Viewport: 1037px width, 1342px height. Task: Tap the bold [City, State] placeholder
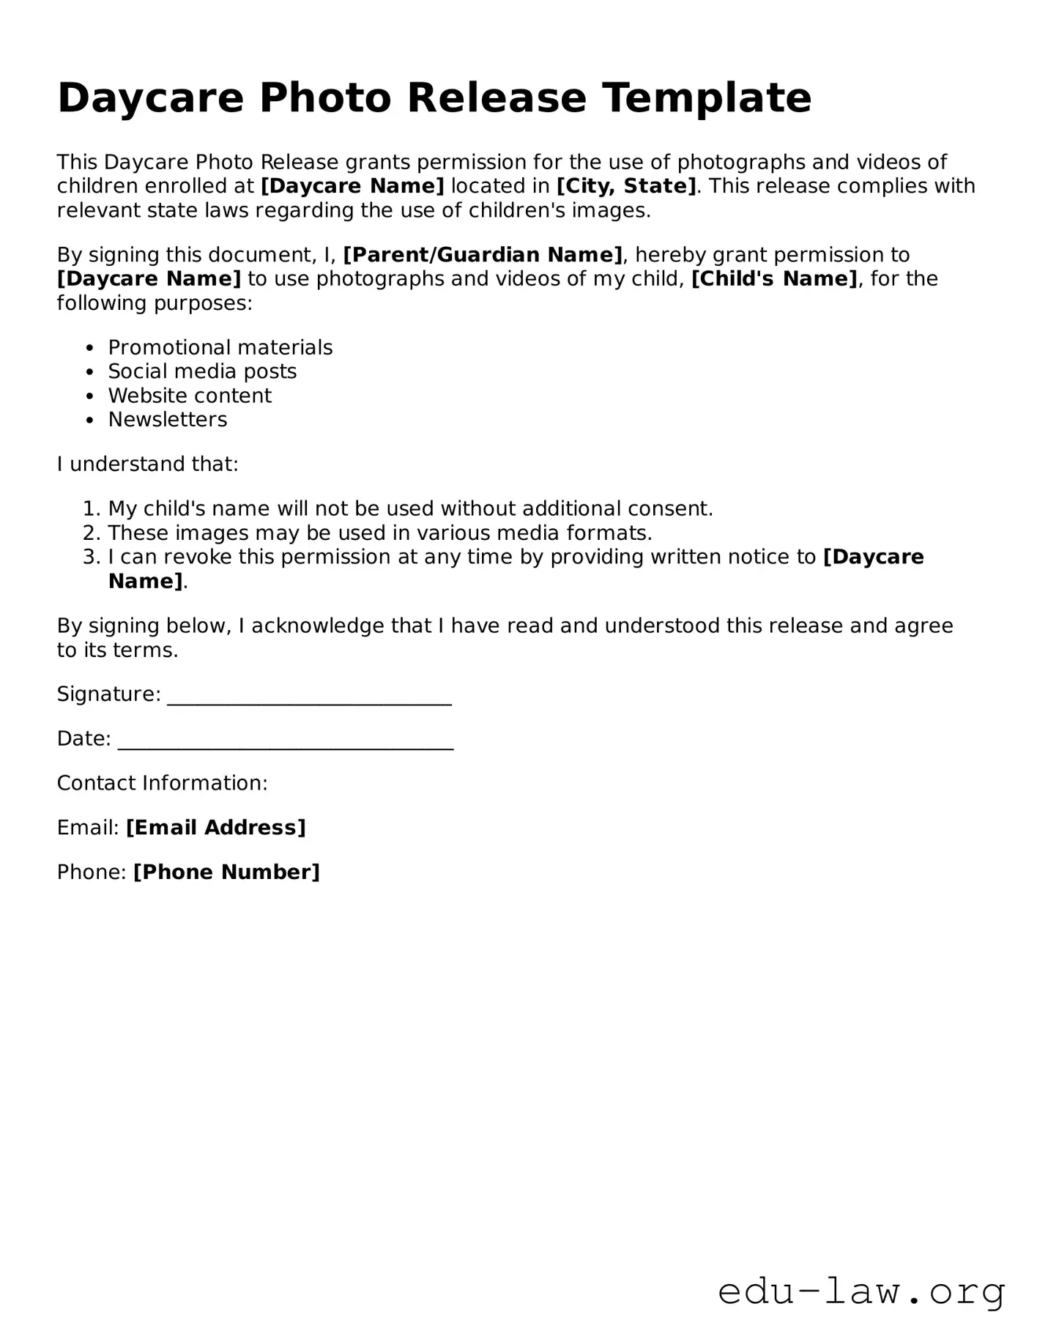(x=626, y=186)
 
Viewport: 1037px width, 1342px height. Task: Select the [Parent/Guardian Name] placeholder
(x=483, y=255)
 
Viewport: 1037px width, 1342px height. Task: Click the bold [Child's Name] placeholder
(x=774, y=279)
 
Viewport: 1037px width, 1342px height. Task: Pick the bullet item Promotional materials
(x=220, y=347)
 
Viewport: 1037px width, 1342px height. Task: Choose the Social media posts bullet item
(x=202, y=371)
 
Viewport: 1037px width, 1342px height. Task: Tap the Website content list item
(x=190, y=396)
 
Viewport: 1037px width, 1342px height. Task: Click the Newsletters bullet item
(x=168, y=420)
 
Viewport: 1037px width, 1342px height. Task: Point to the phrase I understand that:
(x=148, y=464)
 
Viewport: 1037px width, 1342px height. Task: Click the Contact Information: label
(x=163, y=783)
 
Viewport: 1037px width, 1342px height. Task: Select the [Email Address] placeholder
(x=216, y=828)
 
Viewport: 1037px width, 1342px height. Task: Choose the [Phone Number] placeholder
(x=227, y=872)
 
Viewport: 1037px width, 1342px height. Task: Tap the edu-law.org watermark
(x=861, y=1291)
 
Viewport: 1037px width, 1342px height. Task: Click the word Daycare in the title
(x=150, y=98)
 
